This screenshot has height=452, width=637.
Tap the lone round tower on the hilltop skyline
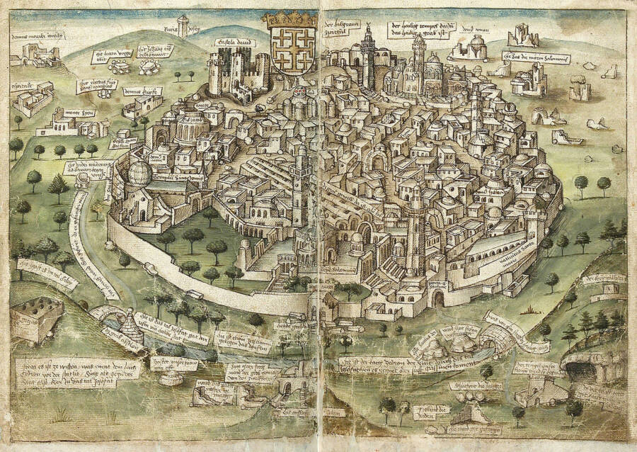tap(184, 26)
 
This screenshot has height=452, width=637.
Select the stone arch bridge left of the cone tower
tap(105, 313)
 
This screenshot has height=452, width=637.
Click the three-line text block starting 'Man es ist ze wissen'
tap(76, 369)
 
